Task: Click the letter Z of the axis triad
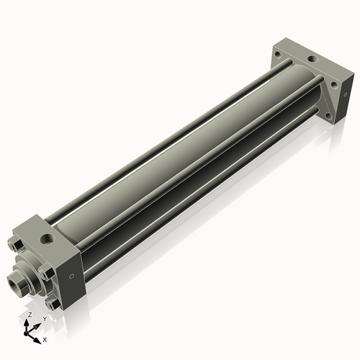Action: (30, 315)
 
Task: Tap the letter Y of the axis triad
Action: (45, 319)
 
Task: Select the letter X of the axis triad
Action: (45, 340)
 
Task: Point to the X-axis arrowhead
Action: (37, 341)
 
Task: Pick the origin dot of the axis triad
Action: (26, 333)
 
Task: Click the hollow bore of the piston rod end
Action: (12, 280)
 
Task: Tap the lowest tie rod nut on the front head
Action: (52, 304)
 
